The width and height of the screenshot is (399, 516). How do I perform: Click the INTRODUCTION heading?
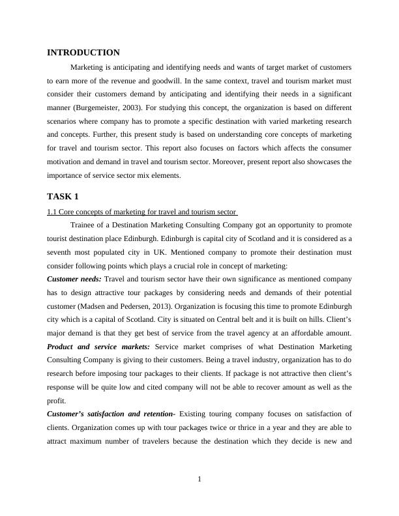pos(83,53)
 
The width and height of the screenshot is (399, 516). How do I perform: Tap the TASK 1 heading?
pos(63,196)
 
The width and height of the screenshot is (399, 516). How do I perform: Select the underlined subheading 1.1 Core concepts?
pos(142,212)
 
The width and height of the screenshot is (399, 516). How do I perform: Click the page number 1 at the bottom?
pos(199,480)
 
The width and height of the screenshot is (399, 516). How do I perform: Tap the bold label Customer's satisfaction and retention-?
pos(111,414)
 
